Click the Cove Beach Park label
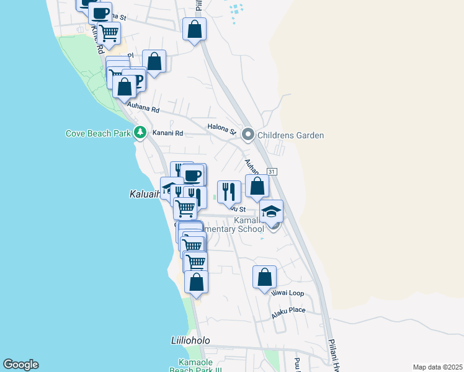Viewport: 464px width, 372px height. pyautogui.click(x=98, y=133)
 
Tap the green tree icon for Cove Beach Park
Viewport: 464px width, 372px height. pyautogui.click(x=141, y=132)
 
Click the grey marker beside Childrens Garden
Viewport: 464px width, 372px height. pyautogui.click(x=248, y=135)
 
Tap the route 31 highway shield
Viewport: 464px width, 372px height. pyautogui.click(x=271, y=171)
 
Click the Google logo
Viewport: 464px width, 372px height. pyautogui.click(x=20, y=365)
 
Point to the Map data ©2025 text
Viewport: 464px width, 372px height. pyautogui.click(x=437, y=367)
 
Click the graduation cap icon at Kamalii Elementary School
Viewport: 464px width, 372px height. pyautogui.click(x=271, y=212)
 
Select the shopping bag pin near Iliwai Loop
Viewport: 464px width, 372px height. pyautogui.click(x=264, y=277)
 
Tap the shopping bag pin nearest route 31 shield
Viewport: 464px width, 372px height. pyautogui.click(x=257, y=186)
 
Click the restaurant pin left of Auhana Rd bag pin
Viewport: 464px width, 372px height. pyautogui.click(x=229, y=192)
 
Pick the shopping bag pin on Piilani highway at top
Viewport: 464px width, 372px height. pyautogui.click(x=194, y=29)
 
